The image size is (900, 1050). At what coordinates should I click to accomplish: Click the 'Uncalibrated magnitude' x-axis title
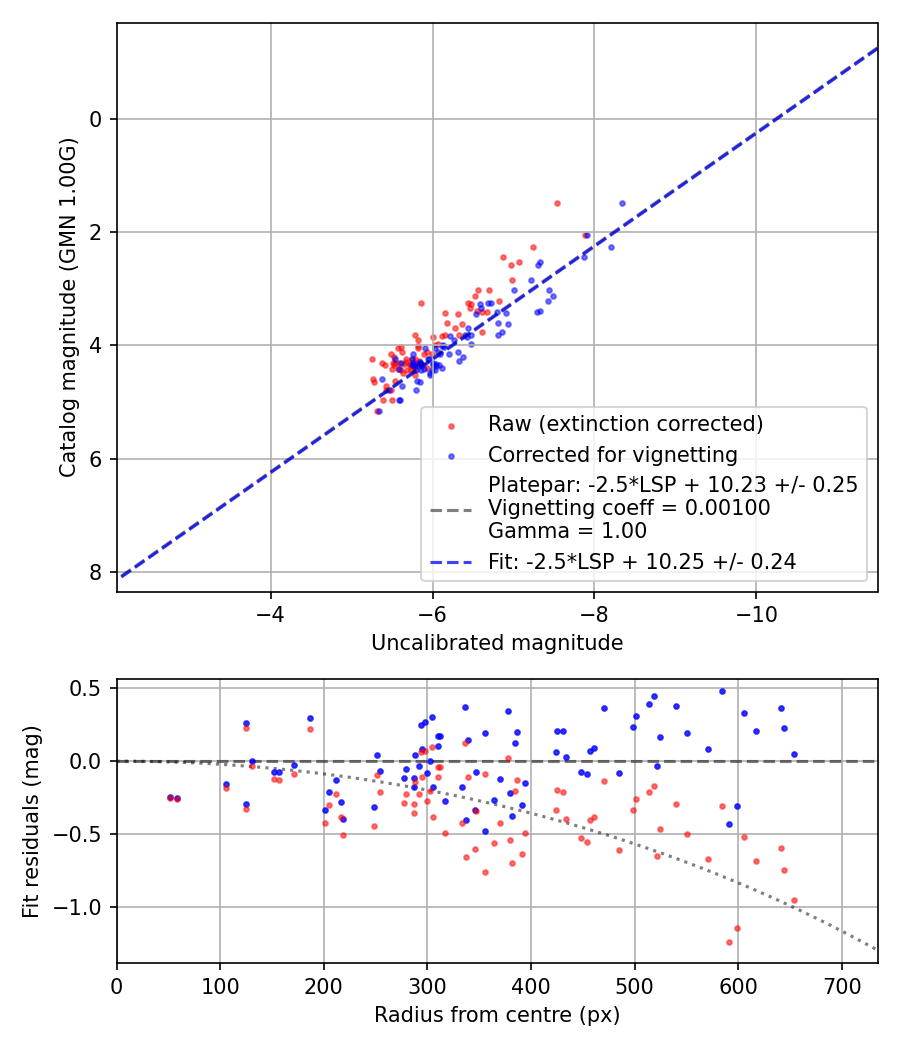[x=497, y=643]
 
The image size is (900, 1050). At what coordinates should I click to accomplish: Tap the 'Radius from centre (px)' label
[x=497, y=1015]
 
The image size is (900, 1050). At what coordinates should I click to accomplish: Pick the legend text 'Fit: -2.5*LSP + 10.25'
[x=642, y=562]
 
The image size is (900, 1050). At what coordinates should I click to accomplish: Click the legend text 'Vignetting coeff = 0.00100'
[x=629, y=508]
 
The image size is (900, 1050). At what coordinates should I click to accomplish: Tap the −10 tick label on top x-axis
[x=755, y=612]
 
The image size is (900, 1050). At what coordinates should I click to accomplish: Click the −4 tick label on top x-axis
[x=270, y=612]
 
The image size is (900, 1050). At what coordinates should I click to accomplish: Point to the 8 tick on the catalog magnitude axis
[x=96, y=572]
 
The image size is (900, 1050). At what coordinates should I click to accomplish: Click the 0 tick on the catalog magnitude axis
[x=96, y=119]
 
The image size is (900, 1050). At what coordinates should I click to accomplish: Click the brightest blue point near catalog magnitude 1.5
[x=622, y=203]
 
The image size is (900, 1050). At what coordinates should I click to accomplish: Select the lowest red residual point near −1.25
[x=729, y=942]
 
